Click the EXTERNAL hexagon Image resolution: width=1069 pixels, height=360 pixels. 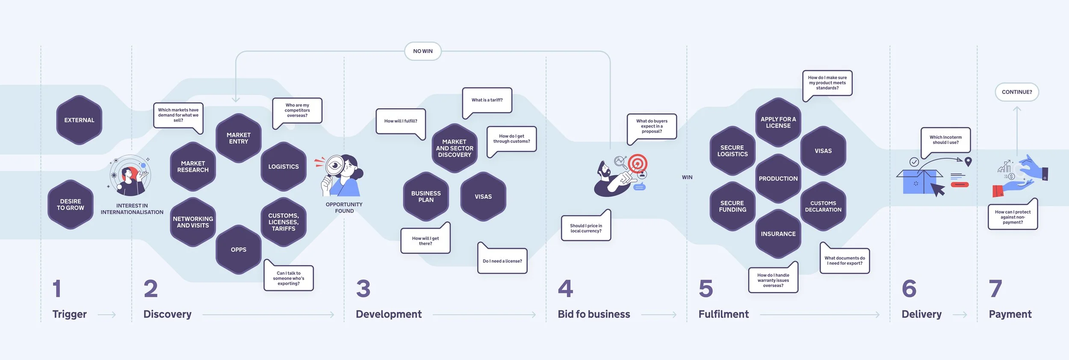point(79,120)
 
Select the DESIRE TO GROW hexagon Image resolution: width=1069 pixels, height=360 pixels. point(71,204)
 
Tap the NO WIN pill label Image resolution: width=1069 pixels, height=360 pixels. point(422,51)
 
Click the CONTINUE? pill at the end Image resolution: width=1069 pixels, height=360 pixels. point(1016,92)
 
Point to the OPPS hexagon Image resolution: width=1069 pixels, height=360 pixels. point(239,250)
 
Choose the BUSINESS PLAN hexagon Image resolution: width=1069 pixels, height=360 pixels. point(426,197)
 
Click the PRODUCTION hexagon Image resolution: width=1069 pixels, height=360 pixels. point(778,179)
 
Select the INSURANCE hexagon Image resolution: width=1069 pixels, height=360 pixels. point(778,234)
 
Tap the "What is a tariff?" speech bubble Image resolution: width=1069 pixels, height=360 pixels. point(487,100)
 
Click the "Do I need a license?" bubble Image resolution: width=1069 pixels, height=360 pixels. point(502,261)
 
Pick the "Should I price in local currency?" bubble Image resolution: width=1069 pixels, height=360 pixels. point(586,228)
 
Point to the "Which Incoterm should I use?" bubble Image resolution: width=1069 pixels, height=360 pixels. point(945,140)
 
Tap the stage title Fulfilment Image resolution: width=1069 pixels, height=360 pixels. point(723,314)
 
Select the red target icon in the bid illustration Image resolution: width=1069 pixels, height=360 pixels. point(638,163)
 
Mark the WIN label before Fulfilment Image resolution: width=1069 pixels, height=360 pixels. point(687,177)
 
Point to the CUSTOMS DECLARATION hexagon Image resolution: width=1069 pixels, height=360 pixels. point(823,207)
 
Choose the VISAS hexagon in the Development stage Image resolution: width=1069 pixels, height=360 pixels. point(483,197)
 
